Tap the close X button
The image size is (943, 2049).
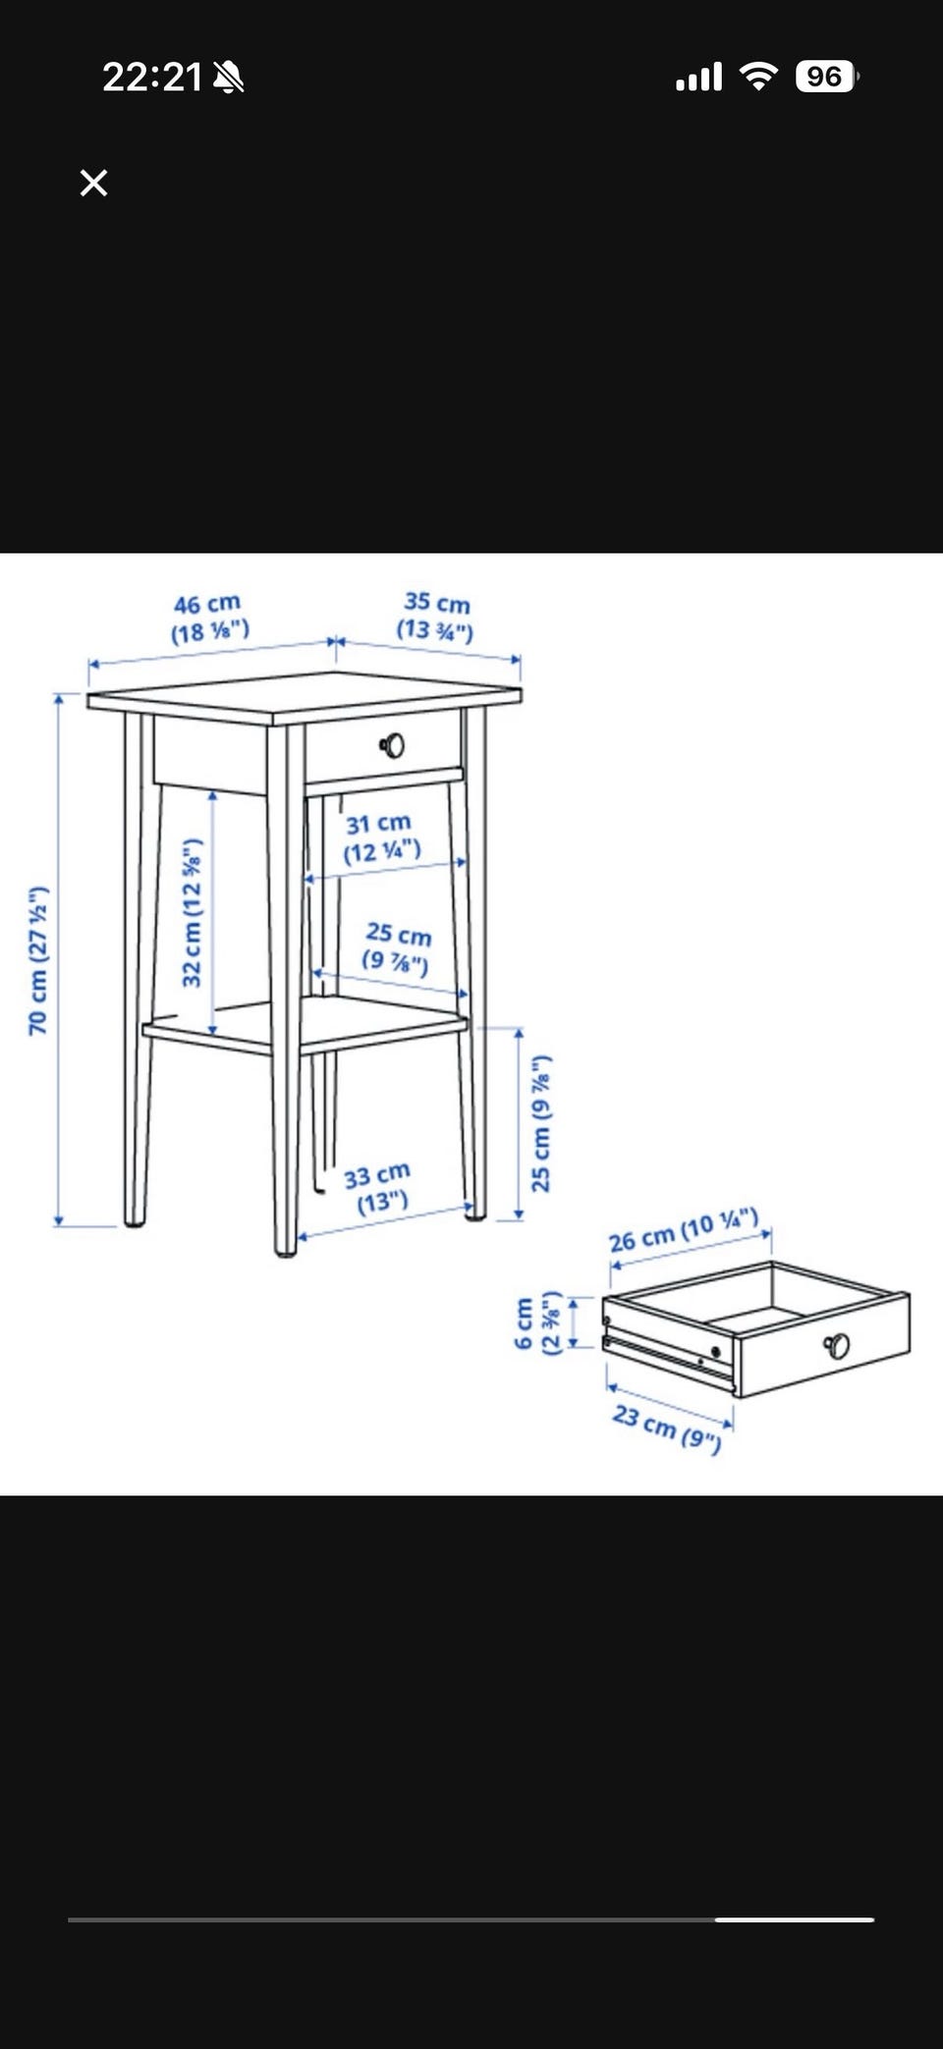(x=93, y=183)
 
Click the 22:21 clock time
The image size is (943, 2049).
(x=152, y=77)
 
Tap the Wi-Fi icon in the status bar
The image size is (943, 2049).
(x=757, y=76)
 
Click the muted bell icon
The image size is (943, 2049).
(x=229, y=77)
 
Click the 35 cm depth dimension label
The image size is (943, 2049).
(x=435, y=616)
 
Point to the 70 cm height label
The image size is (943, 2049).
(x=37, y=960)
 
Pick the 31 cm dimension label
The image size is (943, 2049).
(x=381, y=836)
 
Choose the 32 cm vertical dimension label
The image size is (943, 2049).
(x=193, y=912)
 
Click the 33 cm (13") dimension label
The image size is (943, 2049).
(x=378, y=1188)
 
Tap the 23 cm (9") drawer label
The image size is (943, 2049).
(x=667, y=1428)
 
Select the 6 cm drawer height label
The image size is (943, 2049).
(x=537, y=1322)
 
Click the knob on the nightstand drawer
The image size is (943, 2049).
(x=393, y=746)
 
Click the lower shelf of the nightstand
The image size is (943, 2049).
(x=305, y=1026)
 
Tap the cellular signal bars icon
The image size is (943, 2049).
(x=698, y=77)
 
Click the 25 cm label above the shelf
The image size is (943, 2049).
(x=398, y=947)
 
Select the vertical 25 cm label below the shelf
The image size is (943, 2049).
(x=541, y=1123)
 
